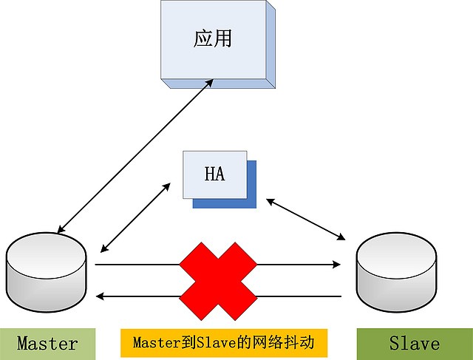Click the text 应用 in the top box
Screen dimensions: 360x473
click(213, 39)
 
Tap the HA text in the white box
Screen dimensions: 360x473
click(214, 175)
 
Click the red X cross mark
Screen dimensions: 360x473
click(219, 280)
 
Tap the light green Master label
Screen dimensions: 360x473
click(47, 344)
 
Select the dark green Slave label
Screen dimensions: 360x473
click(414, 344)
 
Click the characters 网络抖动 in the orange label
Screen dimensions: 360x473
click(290, 343)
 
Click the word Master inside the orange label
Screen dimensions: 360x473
click(156, 343)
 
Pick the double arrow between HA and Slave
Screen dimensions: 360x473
click(307, 218)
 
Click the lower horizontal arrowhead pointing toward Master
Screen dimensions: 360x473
click(102, 296)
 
